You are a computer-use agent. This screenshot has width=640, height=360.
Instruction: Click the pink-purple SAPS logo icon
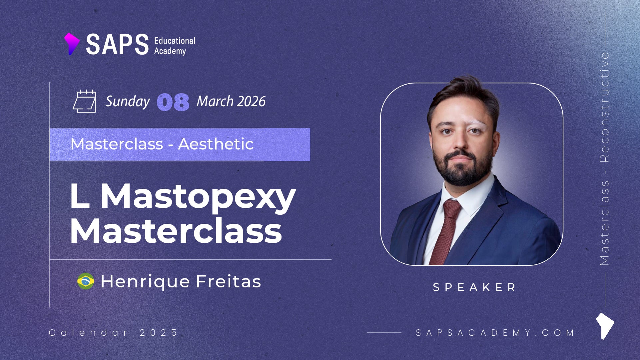(72, 44)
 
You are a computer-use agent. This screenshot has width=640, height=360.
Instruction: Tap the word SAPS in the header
(117, 44)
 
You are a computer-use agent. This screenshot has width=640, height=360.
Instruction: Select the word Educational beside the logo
(175, 41)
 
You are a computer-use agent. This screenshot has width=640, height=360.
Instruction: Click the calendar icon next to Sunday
(85, 101)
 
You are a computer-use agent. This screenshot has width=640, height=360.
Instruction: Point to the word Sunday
(128, 102)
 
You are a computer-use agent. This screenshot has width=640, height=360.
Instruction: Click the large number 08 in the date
(173, 102)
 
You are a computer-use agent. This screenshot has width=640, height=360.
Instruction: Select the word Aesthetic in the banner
(216, 144)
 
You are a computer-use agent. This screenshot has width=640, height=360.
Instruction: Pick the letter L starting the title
(80, 196)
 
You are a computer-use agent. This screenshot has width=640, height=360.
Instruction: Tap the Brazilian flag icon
(86, 281)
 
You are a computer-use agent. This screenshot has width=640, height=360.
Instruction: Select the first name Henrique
(145, 282)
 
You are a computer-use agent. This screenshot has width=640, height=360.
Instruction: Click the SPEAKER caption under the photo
(474, 287)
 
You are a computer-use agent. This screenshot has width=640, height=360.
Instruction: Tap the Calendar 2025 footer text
(113, 332)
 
